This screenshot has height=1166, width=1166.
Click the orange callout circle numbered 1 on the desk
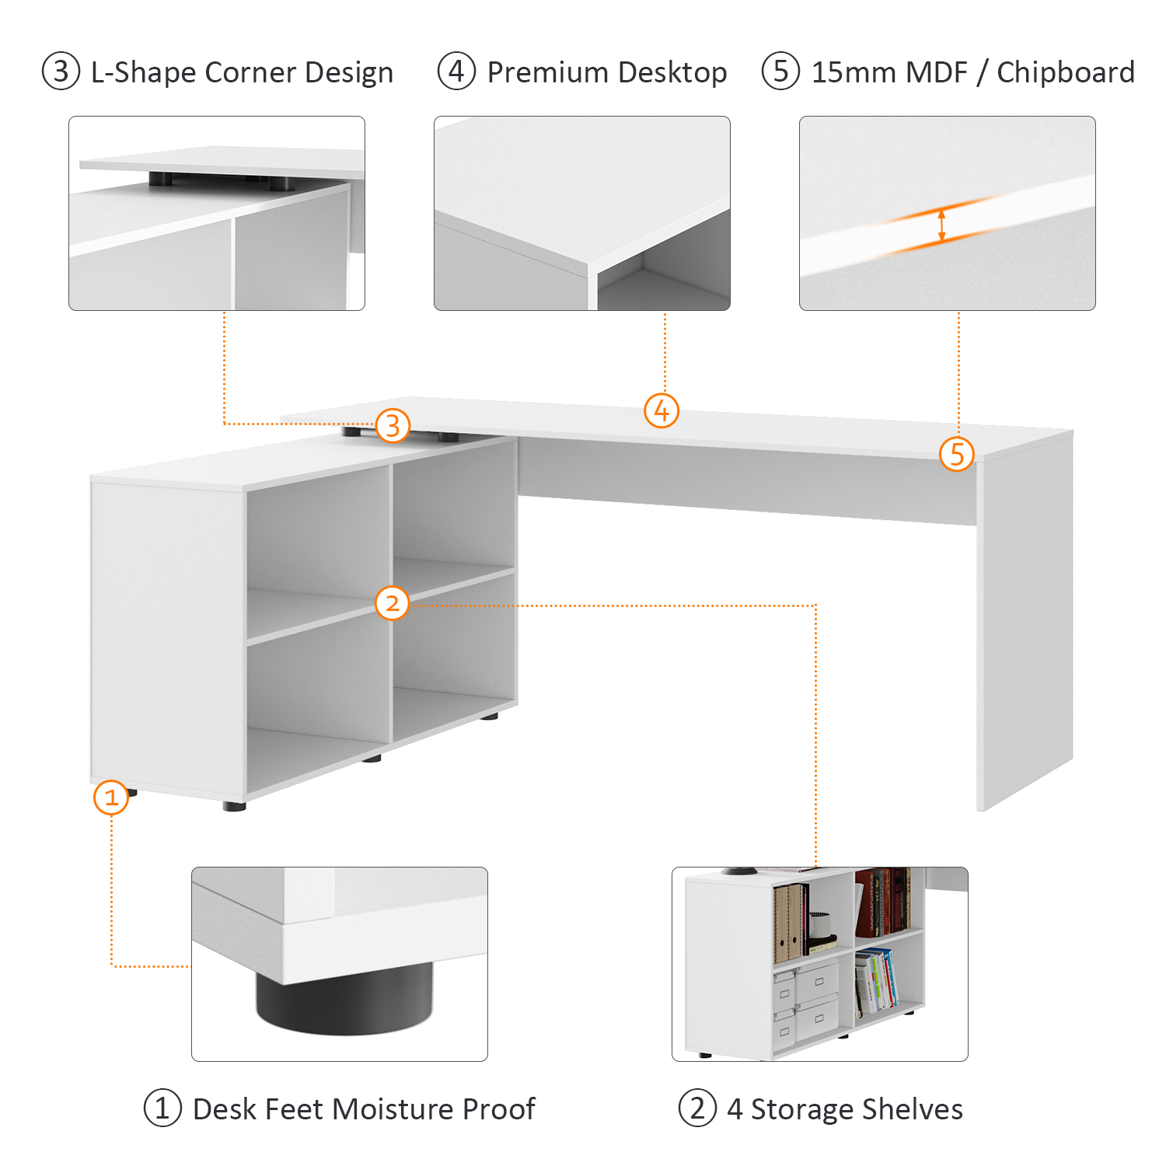[x=111, y=798]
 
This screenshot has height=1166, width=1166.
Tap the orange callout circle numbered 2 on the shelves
[x=392, y=602]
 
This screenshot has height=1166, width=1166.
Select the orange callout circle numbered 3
[x=393, y=425]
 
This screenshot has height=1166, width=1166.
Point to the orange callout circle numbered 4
[x=662, y=410]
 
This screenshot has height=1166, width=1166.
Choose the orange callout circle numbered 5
[x=957, y=454]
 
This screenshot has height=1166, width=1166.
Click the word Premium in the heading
[x=558, y=72]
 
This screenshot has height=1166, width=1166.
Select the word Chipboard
[x=1065, y=72]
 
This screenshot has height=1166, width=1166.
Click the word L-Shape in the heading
[x=144, y=72]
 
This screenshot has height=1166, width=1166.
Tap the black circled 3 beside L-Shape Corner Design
[x=61, y=72]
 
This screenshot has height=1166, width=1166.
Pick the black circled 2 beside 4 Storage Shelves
[x=697, y=1108]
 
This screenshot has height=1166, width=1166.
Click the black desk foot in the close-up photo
[x=344, y=1000]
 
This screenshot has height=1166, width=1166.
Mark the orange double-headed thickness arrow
[x=942, y=225]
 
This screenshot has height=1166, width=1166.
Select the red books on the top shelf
[x=882, y=902]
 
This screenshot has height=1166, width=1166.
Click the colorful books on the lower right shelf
[x=875, y=981]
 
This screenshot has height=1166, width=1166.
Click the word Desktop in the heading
[x=676, y=72]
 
